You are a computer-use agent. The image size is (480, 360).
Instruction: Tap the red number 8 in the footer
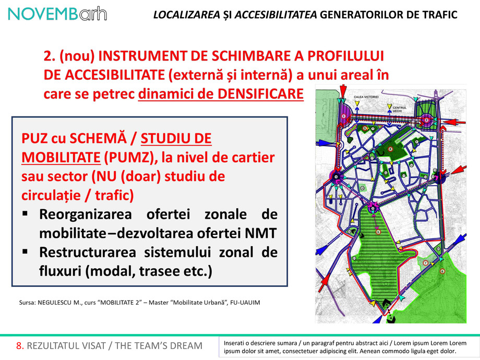click(x=19, y=346)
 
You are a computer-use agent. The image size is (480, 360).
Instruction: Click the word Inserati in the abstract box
click(x=236, y=343)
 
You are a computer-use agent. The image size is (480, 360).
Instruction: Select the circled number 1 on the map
click(x=344, y=116)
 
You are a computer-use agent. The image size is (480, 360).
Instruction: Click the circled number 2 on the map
click(x=426, y=120)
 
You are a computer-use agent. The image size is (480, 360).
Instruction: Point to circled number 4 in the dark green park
click(x=390, y=149)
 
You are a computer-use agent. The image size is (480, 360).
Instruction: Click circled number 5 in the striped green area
click(x=378, y=232)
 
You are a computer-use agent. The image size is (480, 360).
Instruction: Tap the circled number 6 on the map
click(x=442, y=271)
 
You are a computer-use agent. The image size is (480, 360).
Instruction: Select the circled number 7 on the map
click(x=426, y=262)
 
